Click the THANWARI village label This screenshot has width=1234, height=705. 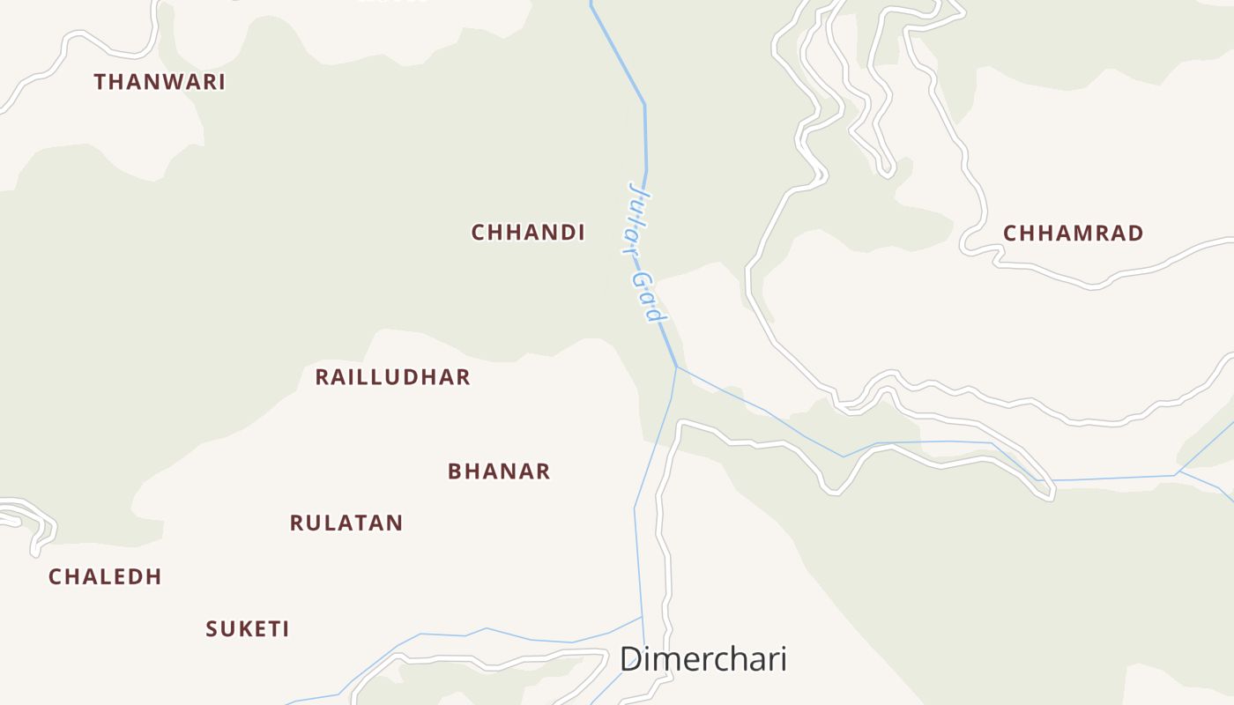pyautogui.click(x=160, y=82)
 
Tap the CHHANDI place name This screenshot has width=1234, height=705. pyautogui.click(x=528, y=233)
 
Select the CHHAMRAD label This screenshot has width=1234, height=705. pyautogui.click(x=1074, y=234)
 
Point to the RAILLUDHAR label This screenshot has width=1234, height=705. pyautogui.click(x=392, y=377)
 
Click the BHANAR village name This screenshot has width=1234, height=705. pyautogui.click(x=499, y=471)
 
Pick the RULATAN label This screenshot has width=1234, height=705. pyautogui.click(x=346, y=523)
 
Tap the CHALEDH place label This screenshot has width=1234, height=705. pyautogui.click(x=105, y=577)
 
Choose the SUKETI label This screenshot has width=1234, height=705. pyautogui.click(x=248, y=629)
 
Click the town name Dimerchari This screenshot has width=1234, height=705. pyautogui.click(x=702, y=659)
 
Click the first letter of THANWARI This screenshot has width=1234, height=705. pyautogui.click(x=100, y=82)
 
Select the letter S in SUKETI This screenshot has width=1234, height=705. pyautogui.click(x=212, y=629)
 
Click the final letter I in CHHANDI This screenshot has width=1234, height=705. pyautogui.click(x=581, y=233)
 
